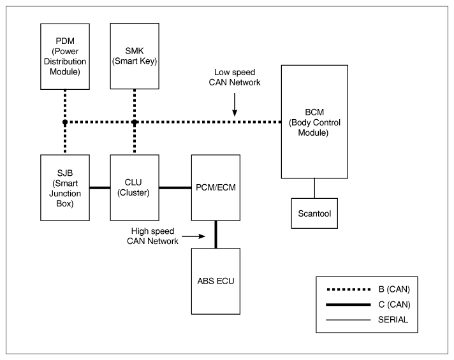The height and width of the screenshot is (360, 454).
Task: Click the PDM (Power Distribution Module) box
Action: click(x=65, y=57)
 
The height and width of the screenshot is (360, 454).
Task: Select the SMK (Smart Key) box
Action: click(x=135, y=56)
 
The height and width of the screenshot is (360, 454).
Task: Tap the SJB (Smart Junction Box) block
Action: click(x=65, y=188)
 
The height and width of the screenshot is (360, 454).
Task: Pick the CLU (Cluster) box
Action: click(x=135, y=188)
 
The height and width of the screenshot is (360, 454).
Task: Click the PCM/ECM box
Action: click(x=216, y=188)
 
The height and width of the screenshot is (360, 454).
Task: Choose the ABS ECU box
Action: click(x=216, y=281)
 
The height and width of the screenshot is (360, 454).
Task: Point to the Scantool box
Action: click(x=314, y=213)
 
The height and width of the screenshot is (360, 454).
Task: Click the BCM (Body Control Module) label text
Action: click(x=314, y=122)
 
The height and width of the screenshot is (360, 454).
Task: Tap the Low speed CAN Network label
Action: click(x=235, y=77)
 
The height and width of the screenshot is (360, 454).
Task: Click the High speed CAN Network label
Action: click(x=152, y=236)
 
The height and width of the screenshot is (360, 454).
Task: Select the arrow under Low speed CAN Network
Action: click(x=235, y=104)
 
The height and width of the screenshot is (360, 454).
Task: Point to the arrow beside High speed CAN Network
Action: click(x=193, y=236)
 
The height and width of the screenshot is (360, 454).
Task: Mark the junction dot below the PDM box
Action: click(x=65, y=122)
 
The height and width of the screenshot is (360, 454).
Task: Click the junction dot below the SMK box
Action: click(x=135, y=122)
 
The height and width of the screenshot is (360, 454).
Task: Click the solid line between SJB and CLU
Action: click(x=100, y=188)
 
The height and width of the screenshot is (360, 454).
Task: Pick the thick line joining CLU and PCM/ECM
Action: click(x=175, y=188)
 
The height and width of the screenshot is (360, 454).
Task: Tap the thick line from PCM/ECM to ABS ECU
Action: click(x=216, y=234)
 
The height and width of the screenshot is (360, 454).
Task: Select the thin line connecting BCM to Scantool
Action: click(x=314, y=188)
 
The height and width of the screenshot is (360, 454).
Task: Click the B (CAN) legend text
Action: click(x=394, y=289)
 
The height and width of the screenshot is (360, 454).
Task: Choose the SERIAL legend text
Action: click(x=393, y=319)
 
